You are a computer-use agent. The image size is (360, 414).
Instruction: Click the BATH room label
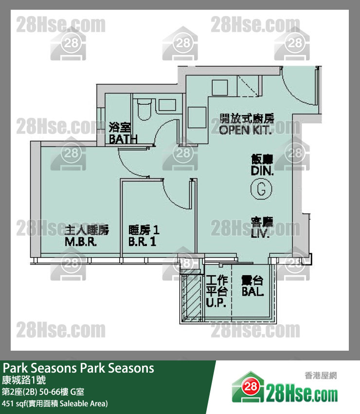tap(123, 133)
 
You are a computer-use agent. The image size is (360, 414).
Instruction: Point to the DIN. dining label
tap(262, 166)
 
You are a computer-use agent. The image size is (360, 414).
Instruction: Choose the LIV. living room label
tap(262, 228)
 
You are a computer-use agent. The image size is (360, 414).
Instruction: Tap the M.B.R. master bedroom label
tap(87, 236)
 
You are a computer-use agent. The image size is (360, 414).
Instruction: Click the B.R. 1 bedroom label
tap(144, 236)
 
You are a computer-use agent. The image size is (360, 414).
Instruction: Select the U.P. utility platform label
tap(216, 292)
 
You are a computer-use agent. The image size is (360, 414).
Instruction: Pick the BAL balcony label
tap(252, 286)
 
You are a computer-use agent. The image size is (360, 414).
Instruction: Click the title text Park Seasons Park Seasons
tap(78, 368)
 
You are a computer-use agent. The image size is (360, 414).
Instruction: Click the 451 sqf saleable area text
tap(54, 403)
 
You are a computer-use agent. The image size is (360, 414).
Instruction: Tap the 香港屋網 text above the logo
tap(320, 375)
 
